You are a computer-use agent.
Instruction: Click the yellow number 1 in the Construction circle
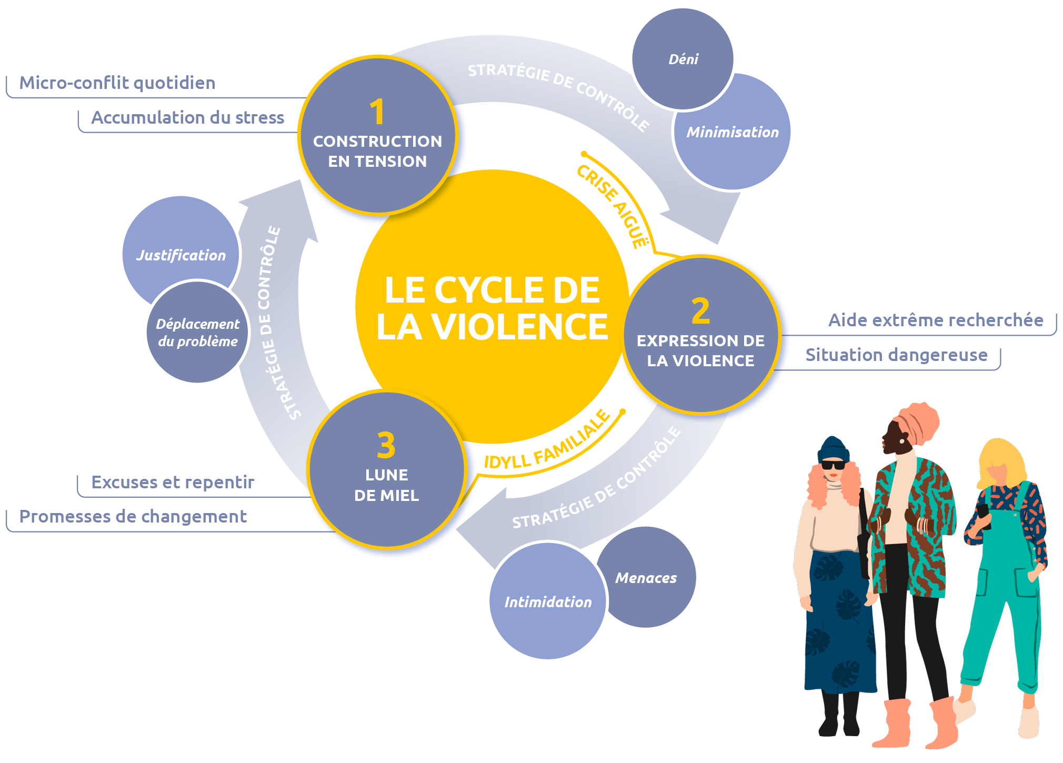377,112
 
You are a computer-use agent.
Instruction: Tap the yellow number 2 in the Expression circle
700,312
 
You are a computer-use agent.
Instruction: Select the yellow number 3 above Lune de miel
386,446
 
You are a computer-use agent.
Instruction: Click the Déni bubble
683,59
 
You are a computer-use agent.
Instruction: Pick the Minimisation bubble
733,132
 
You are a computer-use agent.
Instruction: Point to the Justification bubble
180,255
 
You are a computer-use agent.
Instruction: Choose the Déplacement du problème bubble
197,333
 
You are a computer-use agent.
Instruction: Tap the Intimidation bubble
548,602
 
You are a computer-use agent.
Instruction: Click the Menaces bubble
646,578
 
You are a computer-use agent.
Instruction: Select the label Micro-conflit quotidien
117,83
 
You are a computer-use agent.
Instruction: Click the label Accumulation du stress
188,117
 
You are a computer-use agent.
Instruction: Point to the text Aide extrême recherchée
935,320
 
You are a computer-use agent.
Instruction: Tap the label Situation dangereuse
896,355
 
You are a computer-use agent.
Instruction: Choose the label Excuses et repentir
173,482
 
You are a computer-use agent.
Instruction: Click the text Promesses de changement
133,516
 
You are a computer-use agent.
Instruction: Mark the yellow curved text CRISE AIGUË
613,206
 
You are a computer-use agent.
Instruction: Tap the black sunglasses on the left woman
833,465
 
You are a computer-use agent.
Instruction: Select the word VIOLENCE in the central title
520,327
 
